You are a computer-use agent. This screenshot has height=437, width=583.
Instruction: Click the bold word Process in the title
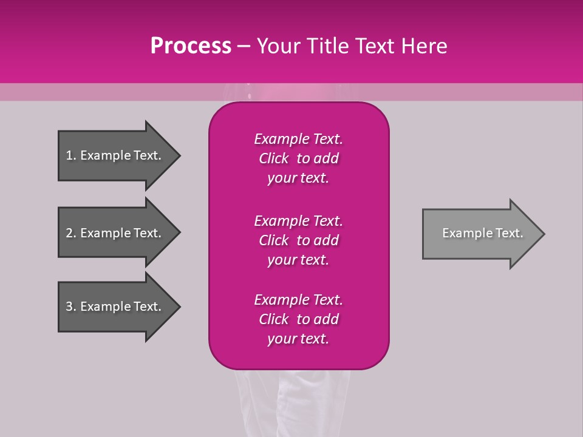click(x=191, y=46)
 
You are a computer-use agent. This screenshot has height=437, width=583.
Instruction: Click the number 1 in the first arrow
click(x=69, y=155)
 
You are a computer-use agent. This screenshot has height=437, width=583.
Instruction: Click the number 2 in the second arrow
click(x=69, y=233)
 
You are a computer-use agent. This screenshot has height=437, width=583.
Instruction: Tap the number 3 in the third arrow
click(x=69, y=307)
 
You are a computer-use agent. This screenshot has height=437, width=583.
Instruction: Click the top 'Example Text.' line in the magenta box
click(x=298, y=139)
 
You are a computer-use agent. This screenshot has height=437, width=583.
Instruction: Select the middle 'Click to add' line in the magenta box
click(x=298, y=240)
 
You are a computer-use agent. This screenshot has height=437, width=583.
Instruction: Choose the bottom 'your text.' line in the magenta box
click(x=298, y=339)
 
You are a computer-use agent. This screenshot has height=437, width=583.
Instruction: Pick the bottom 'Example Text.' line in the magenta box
click(x=298, y=300)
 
